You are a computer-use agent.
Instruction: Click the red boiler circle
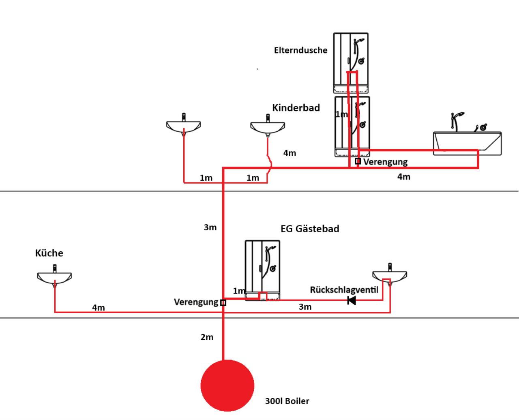click(x=227, y=386)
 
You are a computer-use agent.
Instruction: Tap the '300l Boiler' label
click(x=287, y=401)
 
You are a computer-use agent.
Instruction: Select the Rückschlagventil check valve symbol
click(x=352, y=300)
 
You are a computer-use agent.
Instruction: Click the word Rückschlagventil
click(x=344, y=290)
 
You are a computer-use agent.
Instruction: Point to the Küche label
click(x=49, y=253)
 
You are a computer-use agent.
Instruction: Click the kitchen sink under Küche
click(x=54, y=276)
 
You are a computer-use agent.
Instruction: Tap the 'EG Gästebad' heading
click(x=310, y=229)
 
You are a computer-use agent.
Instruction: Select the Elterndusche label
click(x=301, y=50)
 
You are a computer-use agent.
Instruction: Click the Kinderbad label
click(x=296, y=108)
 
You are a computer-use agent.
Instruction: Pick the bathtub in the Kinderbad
click(x=468, y=134)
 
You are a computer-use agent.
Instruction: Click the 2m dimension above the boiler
click(x=207, y=337)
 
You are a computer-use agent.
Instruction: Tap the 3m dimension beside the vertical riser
click(x=210, y=227)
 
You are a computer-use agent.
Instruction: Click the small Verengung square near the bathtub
click(x=358, y=161)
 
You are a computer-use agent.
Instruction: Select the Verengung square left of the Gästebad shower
click(x=223, y=302)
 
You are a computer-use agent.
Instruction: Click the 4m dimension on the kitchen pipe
click(x=99, y=308)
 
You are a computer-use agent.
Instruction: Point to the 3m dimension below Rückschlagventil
click(x=305, y=307)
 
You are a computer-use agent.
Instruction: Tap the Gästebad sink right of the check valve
click(x=390, y=274)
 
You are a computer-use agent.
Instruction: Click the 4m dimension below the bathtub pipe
click(x=404, y=177)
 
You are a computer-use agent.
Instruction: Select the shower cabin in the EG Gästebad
click(x=262, y=270)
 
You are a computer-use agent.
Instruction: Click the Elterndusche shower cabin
click(x=351, y=63)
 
